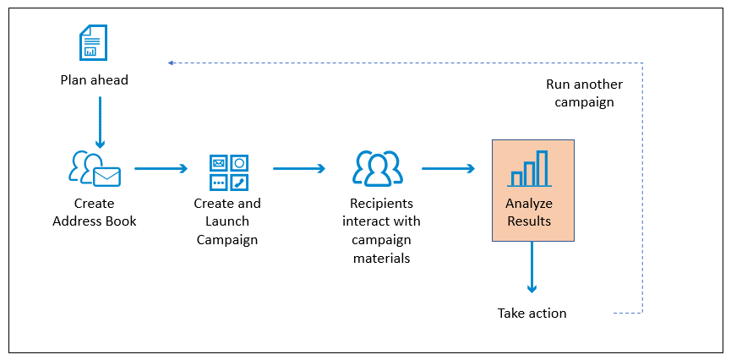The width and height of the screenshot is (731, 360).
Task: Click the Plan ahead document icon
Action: coord(93,42)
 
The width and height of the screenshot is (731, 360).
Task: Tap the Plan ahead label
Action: coord(94,80)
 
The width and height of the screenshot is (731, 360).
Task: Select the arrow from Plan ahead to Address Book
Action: coord(101,123)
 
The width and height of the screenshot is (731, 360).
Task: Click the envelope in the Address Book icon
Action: coord(106,177)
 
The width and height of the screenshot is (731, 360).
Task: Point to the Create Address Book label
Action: coord(94,212)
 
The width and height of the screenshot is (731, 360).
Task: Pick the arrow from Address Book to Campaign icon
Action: coord(161,168)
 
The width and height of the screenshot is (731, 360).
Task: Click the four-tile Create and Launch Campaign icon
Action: coord(229,172)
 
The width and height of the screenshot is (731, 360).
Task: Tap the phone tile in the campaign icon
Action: coord(239,183)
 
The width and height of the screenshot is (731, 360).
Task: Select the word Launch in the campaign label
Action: coord(227,221)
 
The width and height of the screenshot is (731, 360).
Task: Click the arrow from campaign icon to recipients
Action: coord(299,168)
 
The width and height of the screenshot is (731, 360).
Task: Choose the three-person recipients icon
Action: coord(378,168)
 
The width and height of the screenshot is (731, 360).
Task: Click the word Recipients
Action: coord(381,204)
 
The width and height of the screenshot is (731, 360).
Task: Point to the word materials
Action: coord(381,258)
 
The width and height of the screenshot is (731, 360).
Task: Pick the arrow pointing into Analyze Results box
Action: coord(448,168)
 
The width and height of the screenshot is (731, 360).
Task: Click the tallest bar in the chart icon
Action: coord(542,167)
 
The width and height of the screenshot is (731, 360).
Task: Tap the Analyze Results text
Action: coord(529,212)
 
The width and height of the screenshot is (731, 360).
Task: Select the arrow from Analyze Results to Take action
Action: coord(532,267)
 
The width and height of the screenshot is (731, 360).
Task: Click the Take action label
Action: coord(532,313)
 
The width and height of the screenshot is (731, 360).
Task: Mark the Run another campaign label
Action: coord(584,93)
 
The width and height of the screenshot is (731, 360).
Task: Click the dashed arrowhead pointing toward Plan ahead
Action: coord(171,63)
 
